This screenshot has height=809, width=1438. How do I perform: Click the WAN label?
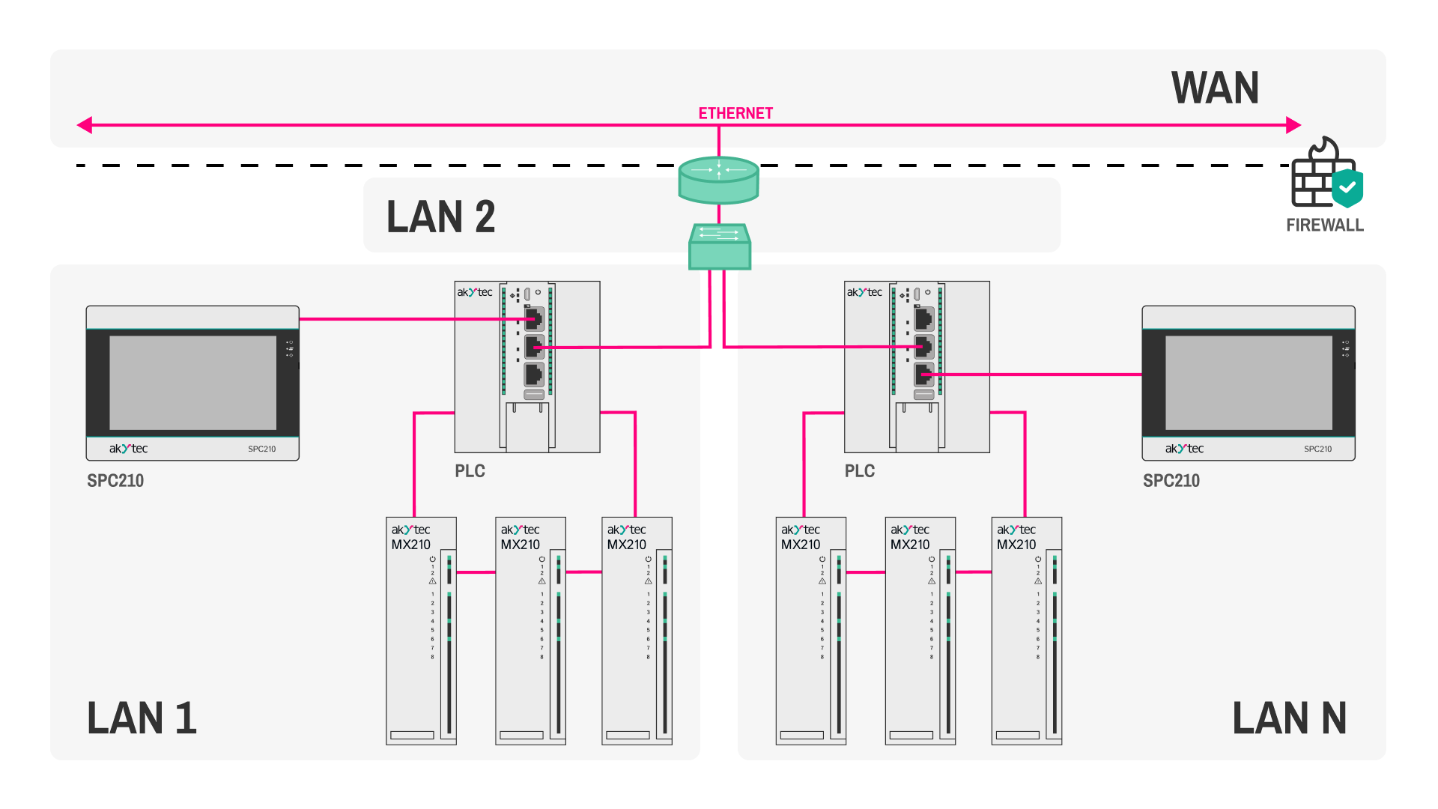click(1215, 88)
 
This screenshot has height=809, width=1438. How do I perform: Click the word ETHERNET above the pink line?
click(735, 113)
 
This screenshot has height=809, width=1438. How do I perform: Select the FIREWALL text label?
click(1324, 225)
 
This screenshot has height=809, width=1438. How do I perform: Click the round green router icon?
click(718, 180)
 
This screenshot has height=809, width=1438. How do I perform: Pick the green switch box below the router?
click(719, 246)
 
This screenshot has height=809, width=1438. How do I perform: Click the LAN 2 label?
click(440, 217)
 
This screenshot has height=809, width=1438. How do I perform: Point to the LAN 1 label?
click(142, 718)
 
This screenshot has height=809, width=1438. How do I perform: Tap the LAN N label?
click(1289, 718)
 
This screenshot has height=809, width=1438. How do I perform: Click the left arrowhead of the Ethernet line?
click(85, 125)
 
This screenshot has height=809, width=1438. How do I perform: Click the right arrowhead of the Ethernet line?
click(1293, 125)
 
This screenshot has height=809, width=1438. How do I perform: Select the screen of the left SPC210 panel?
click(192, 383)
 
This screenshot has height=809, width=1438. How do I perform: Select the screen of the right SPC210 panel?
click(1249, 383)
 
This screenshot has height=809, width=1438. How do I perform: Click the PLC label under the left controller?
click(470, 471)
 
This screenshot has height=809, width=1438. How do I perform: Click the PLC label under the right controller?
click(859, 471)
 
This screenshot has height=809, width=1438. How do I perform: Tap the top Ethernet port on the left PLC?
click(534, 319)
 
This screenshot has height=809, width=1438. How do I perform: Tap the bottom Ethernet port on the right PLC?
click(924, 374)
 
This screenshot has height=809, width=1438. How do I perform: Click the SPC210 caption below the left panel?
click(115, 481)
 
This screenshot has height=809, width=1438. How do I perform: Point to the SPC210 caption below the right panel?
click(1171, 481)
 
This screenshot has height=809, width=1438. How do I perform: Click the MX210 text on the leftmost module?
click(410, 545)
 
